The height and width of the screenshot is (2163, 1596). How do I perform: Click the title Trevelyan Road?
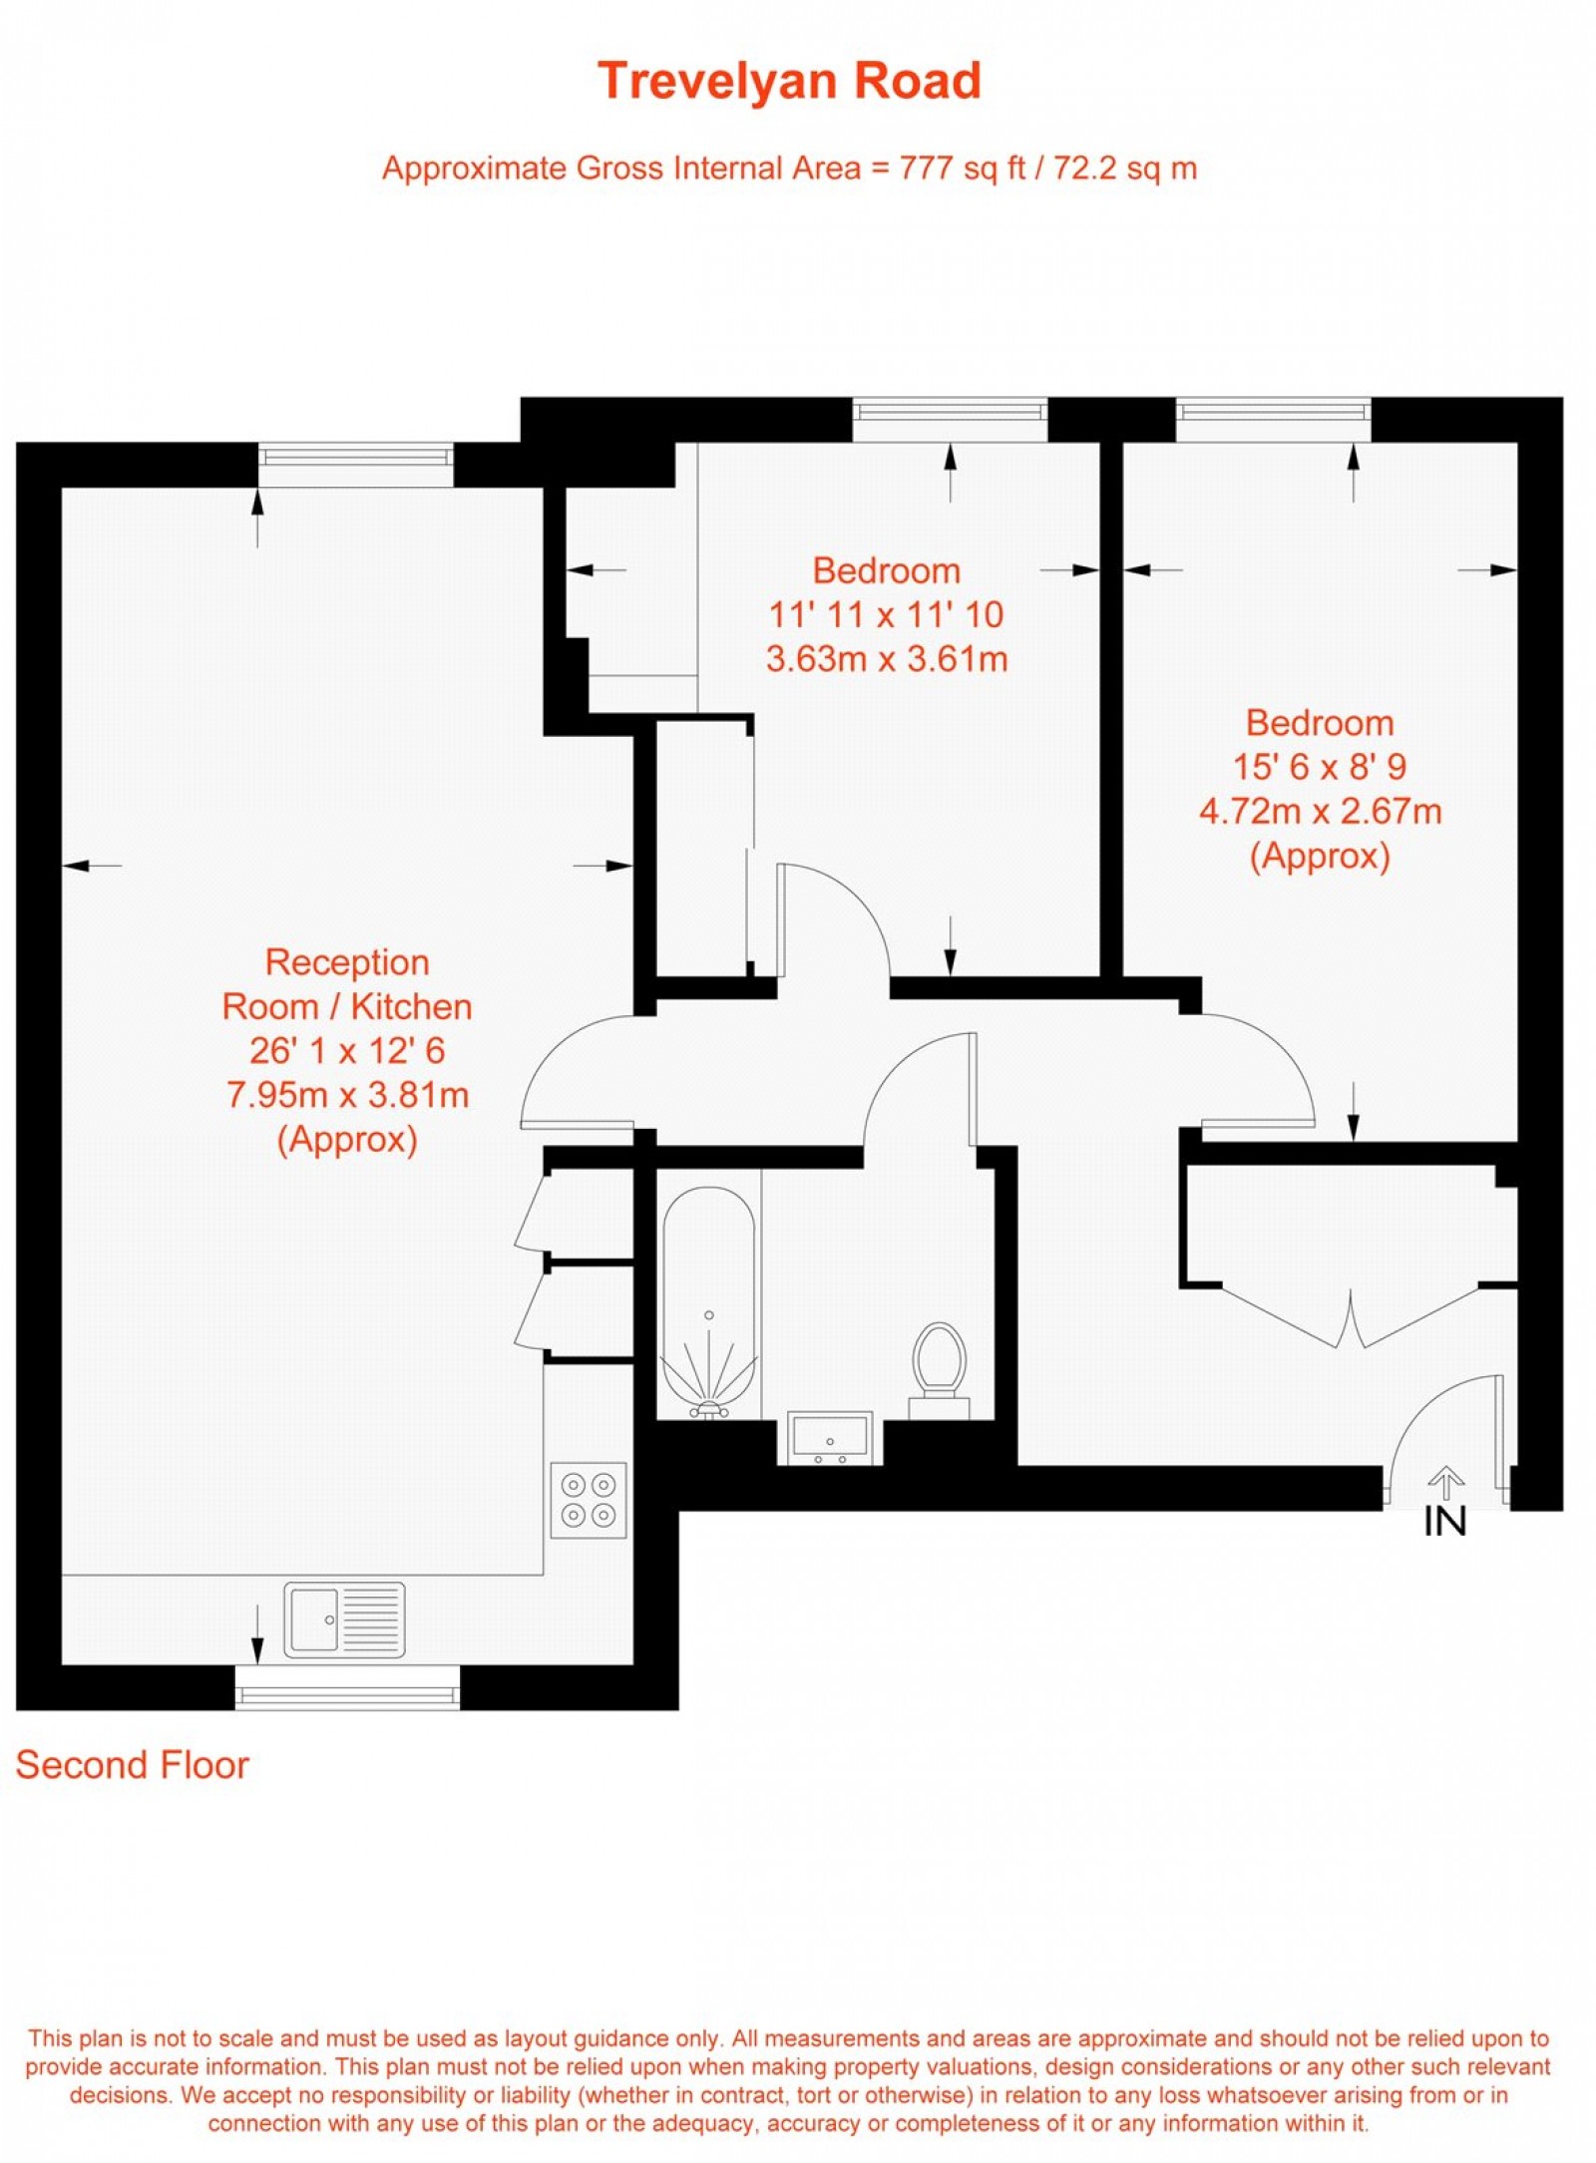point(789,81)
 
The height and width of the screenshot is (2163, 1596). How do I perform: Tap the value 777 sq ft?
point(962,168)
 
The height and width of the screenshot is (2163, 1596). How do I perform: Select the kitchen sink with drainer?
point(345,1620)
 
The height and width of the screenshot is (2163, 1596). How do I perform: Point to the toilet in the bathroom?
point(940,1364)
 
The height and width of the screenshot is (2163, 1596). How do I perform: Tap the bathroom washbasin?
point(830,1437)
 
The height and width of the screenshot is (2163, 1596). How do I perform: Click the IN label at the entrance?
point(1444,1522)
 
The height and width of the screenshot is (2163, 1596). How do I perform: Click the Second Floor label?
point(132,1765)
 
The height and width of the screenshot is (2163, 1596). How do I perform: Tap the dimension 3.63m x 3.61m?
point(886,659)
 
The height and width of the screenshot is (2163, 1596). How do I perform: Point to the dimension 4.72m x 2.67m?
point(1320,811)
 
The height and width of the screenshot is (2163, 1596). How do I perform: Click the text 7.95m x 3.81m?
point(347,1095)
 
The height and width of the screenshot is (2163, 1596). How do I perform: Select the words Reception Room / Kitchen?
point(346,984)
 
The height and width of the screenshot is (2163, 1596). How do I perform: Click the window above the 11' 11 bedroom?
point(950,419)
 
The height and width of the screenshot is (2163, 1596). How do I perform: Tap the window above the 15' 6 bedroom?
point(1273,419)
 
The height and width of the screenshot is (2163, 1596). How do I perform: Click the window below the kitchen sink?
point(347,1687)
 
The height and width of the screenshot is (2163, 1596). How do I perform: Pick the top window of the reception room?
point(356,465)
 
